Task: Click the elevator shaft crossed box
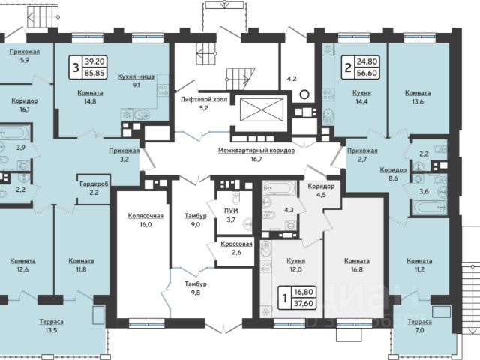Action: (x=262, y=109)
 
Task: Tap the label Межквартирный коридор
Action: (x=256, y=151)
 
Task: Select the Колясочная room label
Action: (x=145, y=216)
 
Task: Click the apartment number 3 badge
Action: (x=76, y=67)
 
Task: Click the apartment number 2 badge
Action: (x=348, y=67)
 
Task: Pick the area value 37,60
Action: (x=304, y=303)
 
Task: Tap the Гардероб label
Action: (x=94, y=184)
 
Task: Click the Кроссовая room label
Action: (x=237, y=244)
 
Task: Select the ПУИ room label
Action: (x=231, y=211)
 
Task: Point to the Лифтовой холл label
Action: (x=204, y=99)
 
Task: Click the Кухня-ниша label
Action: (x=136, y=76)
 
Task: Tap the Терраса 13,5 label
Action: (x=52, y=325)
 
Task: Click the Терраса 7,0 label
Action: (x=420, y=325)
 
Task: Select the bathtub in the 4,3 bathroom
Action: (x=280, y=188)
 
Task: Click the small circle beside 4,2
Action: (x=304, y=94)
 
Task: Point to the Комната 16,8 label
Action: (x=357, y=265)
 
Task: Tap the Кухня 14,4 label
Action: (x=361, y=97)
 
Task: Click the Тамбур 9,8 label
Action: (x=196, y=288)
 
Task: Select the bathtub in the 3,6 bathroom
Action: (x=430, y=208)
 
